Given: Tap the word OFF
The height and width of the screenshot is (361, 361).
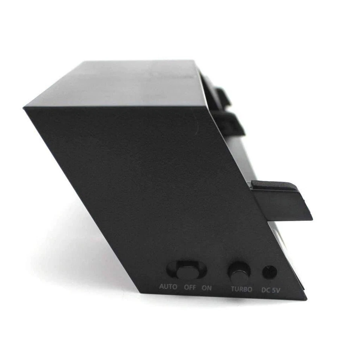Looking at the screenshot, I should (x=190, y=288).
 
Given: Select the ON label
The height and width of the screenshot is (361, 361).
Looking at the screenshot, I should (x=207, y=288).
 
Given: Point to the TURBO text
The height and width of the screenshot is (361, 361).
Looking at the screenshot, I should (x=241, y=289).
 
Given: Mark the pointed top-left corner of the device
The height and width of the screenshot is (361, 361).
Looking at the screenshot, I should (x=24, y=108).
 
